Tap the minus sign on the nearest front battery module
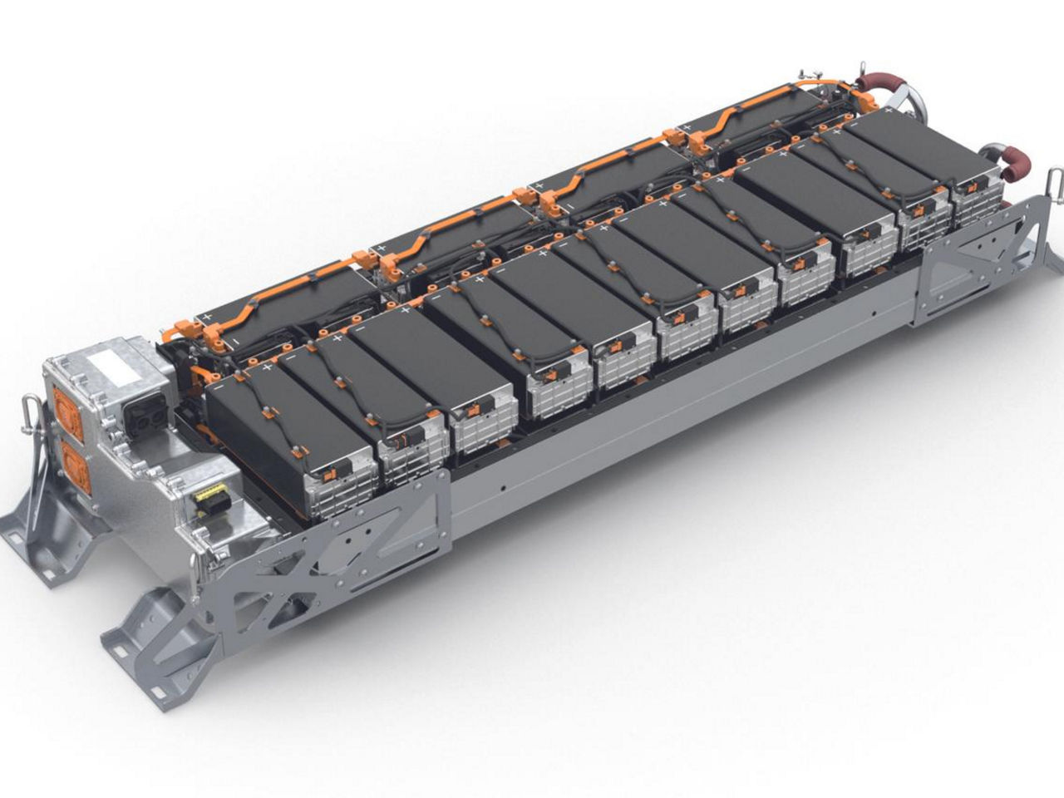click(x=219, y=385)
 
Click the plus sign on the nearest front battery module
click(x=267, y=367)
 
